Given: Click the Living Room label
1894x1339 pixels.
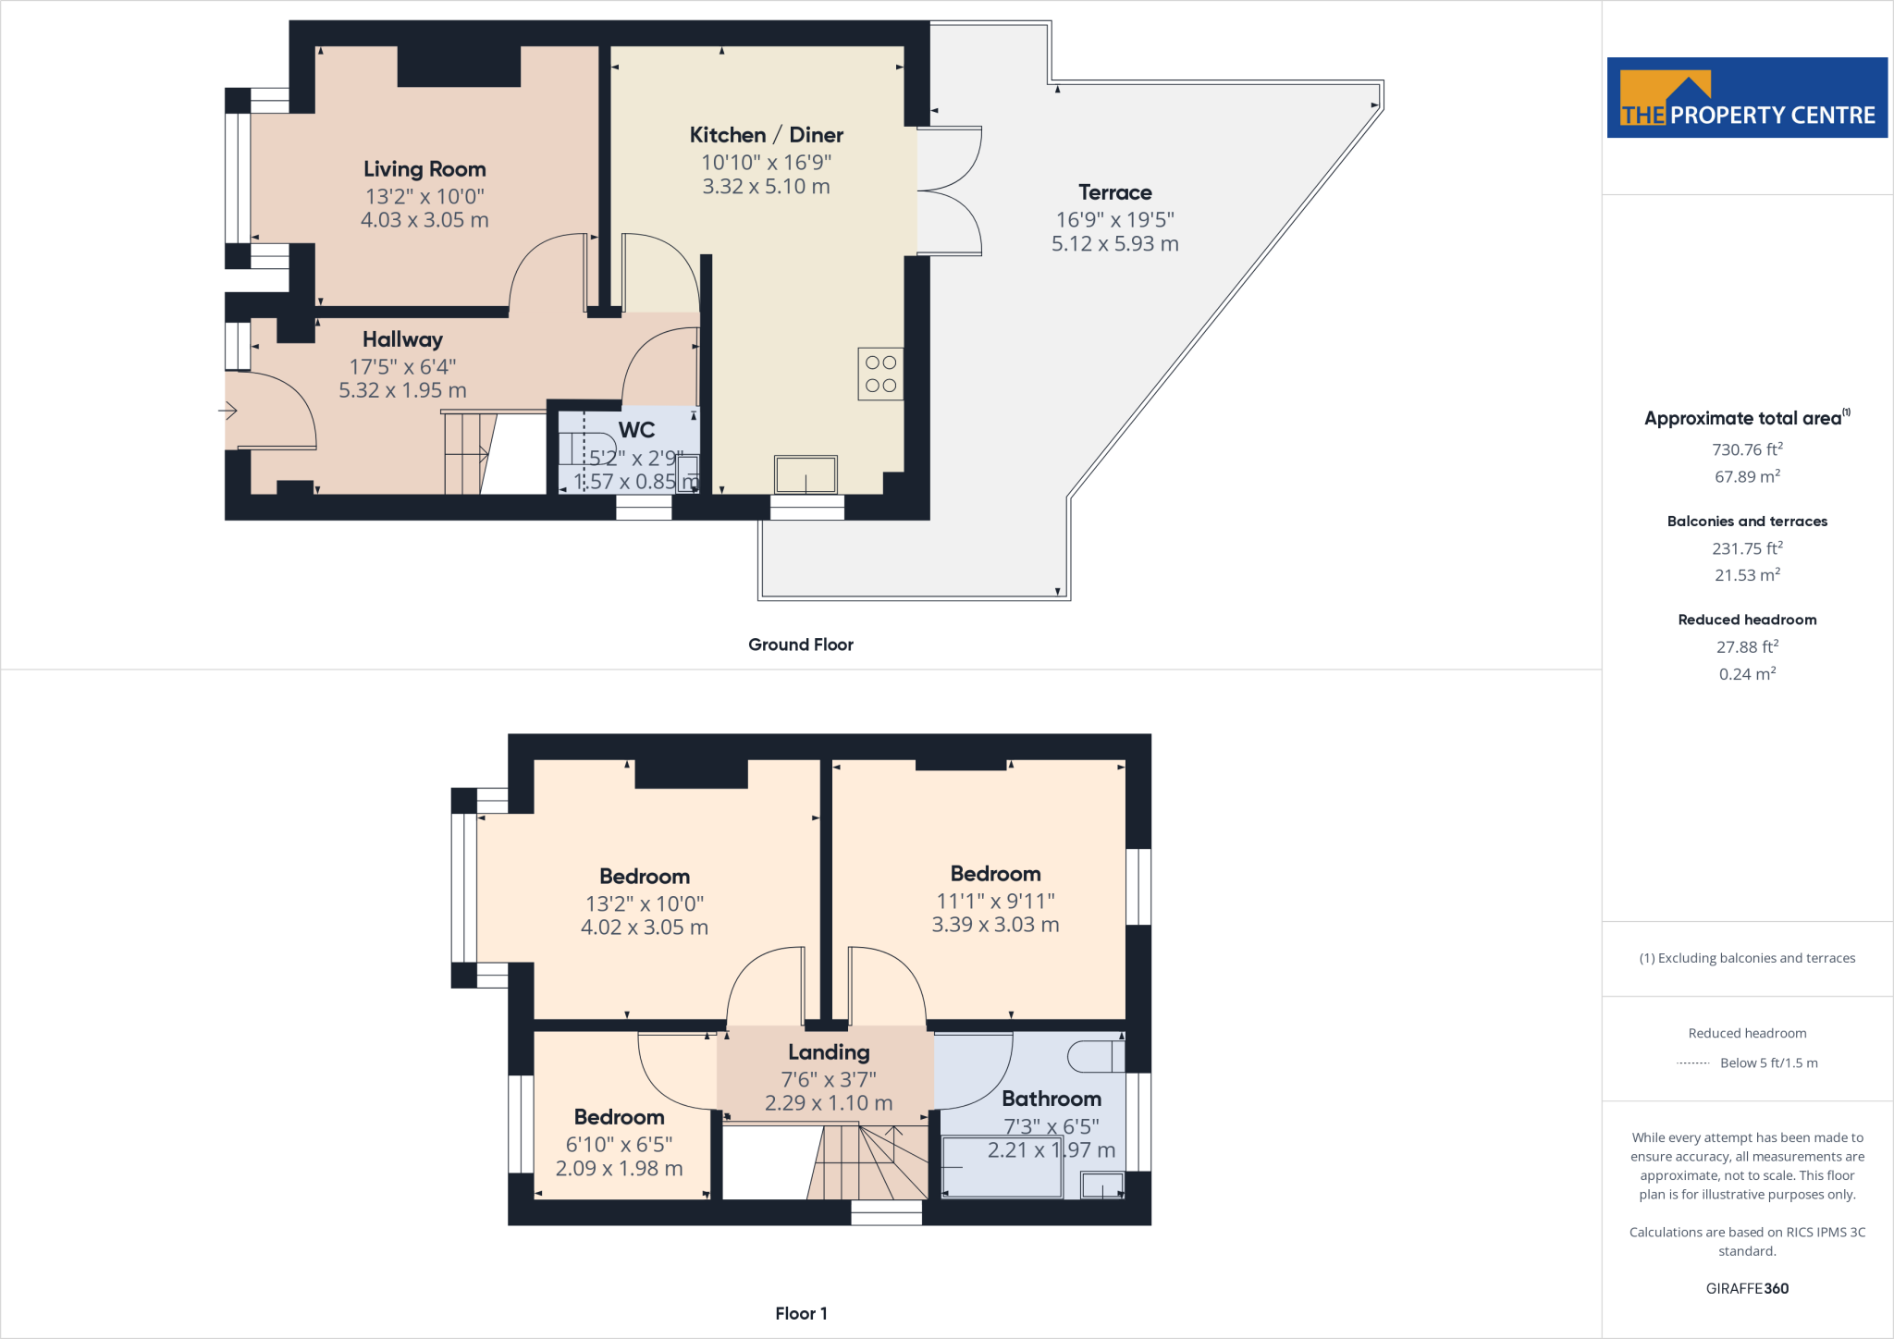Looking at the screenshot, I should coord(424,169).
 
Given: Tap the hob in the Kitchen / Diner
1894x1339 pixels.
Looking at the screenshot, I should coord(880,374).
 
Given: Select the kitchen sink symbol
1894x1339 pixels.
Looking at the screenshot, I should coord(806,474).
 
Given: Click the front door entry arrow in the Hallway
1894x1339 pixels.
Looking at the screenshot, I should coord(228,410).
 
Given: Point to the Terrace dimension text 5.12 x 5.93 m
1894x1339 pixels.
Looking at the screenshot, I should coord(1114,244).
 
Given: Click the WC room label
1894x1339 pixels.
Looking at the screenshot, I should coord(636,430).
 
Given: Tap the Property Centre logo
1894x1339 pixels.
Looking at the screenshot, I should coord(1746,98).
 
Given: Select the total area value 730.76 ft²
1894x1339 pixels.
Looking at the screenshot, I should coord(1746,449).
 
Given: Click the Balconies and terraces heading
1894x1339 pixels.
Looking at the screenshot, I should coord(1746,522).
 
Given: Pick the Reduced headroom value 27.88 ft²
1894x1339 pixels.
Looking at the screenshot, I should coord(1746,646).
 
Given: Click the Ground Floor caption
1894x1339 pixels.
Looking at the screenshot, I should coord(800,645).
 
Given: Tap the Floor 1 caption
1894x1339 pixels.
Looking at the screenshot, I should coord(801,1313).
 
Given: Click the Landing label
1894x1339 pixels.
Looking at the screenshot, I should coord(829,1052).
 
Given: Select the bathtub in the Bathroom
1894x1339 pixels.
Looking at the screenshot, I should coord(1002,1167).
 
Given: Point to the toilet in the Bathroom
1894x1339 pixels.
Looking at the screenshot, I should coord(1095,1056).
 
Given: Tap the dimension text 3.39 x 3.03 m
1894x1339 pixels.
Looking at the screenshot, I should coord(995,925).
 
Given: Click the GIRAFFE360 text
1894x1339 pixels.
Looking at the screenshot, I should coord(1746,1288).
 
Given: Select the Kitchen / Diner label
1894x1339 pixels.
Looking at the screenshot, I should coord(766,135).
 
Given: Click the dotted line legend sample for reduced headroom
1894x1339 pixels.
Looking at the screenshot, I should coord(1692,1063).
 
